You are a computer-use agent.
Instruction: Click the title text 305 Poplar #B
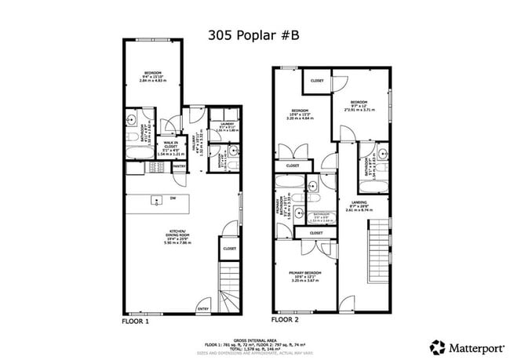[254, 35]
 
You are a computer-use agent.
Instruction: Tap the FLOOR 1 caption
[137, 322]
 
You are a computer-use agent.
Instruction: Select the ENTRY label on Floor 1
[203, 309]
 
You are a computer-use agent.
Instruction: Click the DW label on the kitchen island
[172, 198]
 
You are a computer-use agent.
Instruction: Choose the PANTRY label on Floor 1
[179, 166]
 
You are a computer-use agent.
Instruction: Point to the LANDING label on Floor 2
[359, 205]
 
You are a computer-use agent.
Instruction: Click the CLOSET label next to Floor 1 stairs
[229, 249]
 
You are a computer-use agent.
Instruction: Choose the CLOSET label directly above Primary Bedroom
[316, 233]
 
